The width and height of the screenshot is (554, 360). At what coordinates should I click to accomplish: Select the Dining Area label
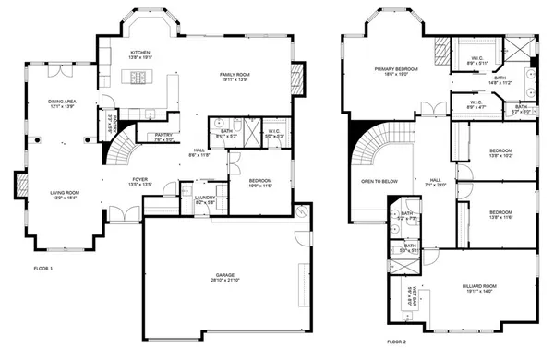tap(61, 104)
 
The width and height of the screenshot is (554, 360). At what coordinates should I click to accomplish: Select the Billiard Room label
tap(484, 288)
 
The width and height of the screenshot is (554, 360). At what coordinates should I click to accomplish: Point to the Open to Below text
tap(379, 181)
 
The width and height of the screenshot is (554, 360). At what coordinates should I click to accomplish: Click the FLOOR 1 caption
tap(44, 267)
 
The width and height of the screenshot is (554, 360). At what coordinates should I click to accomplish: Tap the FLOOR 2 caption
tap(395, 342)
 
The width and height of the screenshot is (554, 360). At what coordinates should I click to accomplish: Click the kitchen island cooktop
tap(141, 77)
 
